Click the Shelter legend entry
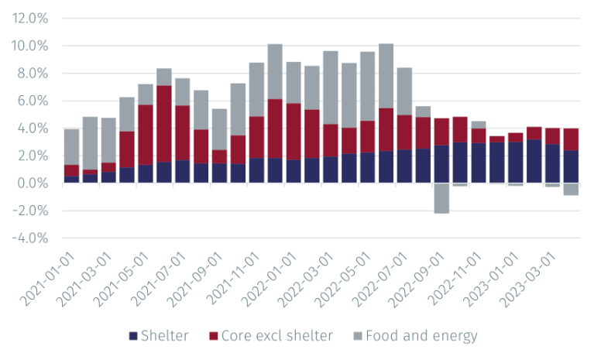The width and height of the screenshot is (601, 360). (x=160, y=336)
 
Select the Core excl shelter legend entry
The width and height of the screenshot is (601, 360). (x=272, y=336)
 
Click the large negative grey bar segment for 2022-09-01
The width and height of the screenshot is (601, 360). (x=441, y=198)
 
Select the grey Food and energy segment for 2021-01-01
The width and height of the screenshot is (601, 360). (x=71, y=147)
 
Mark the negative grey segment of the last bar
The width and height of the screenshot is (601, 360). (x=571, y=189)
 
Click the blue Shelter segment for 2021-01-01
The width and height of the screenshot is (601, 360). (x=71, y=180)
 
